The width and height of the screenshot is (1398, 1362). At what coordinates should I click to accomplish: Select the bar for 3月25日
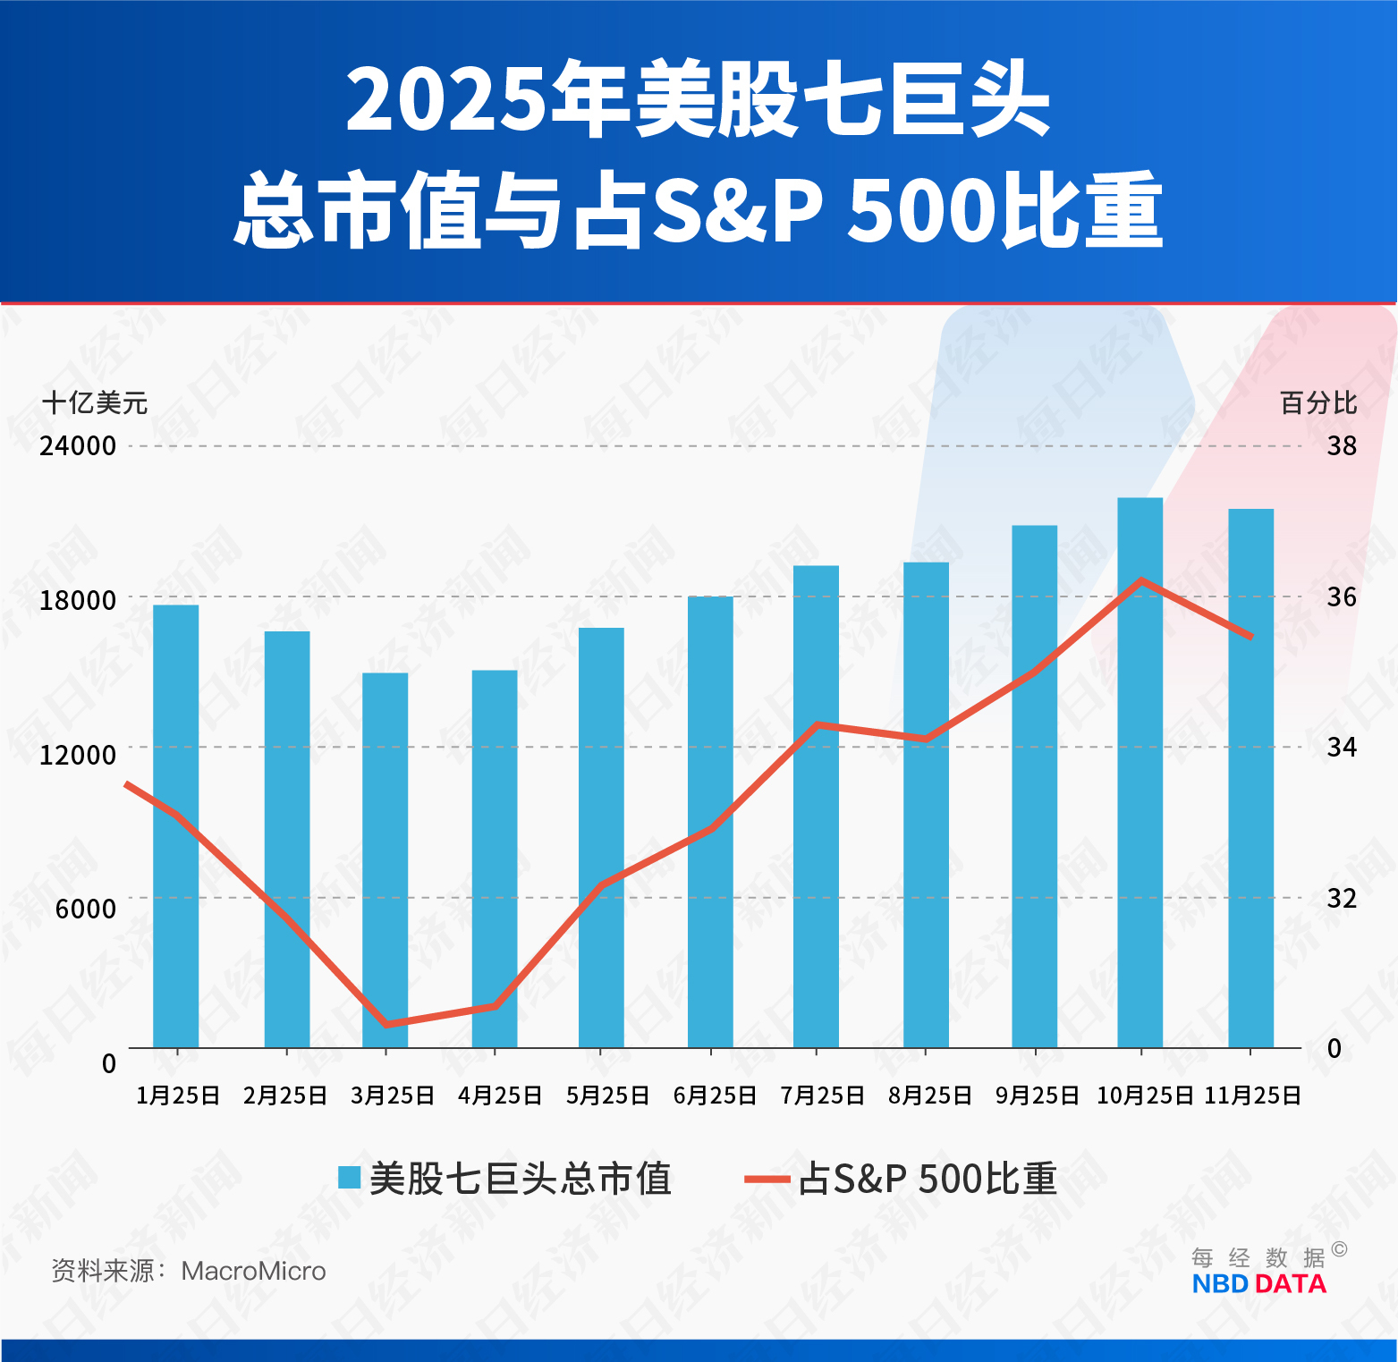pyautogui.click(x=385, y=859)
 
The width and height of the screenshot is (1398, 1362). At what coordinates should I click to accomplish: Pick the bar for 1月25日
pyautogui.click(x=175, y=827)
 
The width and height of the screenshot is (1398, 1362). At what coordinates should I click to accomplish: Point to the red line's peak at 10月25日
pyautogui.click(x=1141, y=580)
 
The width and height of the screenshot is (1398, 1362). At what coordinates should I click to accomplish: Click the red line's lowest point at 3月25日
pyautogui.click(x=386, y=1024)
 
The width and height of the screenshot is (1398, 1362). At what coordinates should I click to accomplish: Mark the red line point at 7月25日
pyautogui.click(x=816, y=724)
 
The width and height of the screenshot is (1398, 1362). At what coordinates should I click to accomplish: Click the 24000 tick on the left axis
pyautogui.click(x=78, y=445)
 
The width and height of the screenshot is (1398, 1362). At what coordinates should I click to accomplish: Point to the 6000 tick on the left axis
pyautogui.click(x=86, y=909)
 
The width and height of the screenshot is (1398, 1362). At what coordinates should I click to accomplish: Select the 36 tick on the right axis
pyautogui.click(x=1341, y=596)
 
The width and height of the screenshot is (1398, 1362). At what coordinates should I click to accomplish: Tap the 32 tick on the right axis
pyautogui.click(x=1341, y=898)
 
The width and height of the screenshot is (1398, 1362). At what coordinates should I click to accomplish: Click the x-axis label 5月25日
pyautogui.click(x=607, y=1096)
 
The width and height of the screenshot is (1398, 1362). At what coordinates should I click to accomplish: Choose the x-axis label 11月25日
pyautogui.click(x=1252, y=1096)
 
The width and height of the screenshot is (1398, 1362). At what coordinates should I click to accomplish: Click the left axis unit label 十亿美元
pyautogui.click(x=95, y=402)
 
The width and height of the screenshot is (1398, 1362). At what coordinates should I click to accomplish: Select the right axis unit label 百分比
pyautogui.click(x=1318, y=402)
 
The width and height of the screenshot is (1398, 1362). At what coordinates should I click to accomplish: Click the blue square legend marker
pyautogui.click(x=349, y=1178)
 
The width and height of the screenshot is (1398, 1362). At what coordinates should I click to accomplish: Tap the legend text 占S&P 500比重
pyautogui.click(x=928, y=1179)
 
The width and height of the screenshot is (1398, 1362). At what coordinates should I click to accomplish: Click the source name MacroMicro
pyautogui.click(x=253, y=1271)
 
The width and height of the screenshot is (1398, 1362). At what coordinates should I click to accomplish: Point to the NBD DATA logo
pyautogui.click(x=1258, y=1283)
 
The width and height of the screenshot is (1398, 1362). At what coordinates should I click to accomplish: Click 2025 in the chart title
pyautogui.click(x=445, y=100)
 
